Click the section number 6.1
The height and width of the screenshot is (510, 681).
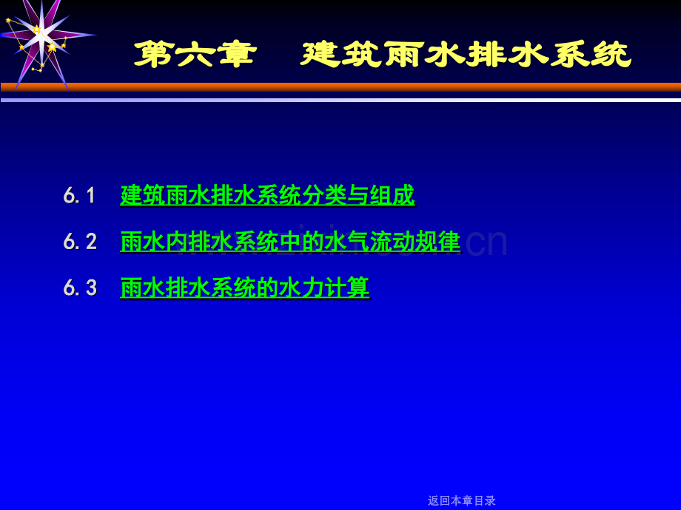[80, 196]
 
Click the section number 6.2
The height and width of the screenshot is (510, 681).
[80, 242]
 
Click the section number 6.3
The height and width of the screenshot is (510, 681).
[80, 288]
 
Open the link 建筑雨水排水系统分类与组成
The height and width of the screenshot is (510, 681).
[267, 196]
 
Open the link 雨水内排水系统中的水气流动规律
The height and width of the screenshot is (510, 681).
[290, 242]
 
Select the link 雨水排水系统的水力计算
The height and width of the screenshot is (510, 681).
[244, 288]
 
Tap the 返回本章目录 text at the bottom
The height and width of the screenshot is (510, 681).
[462, 500]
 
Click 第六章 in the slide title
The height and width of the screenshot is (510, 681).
[195, 55]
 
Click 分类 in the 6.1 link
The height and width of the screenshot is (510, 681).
[325, 196]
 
